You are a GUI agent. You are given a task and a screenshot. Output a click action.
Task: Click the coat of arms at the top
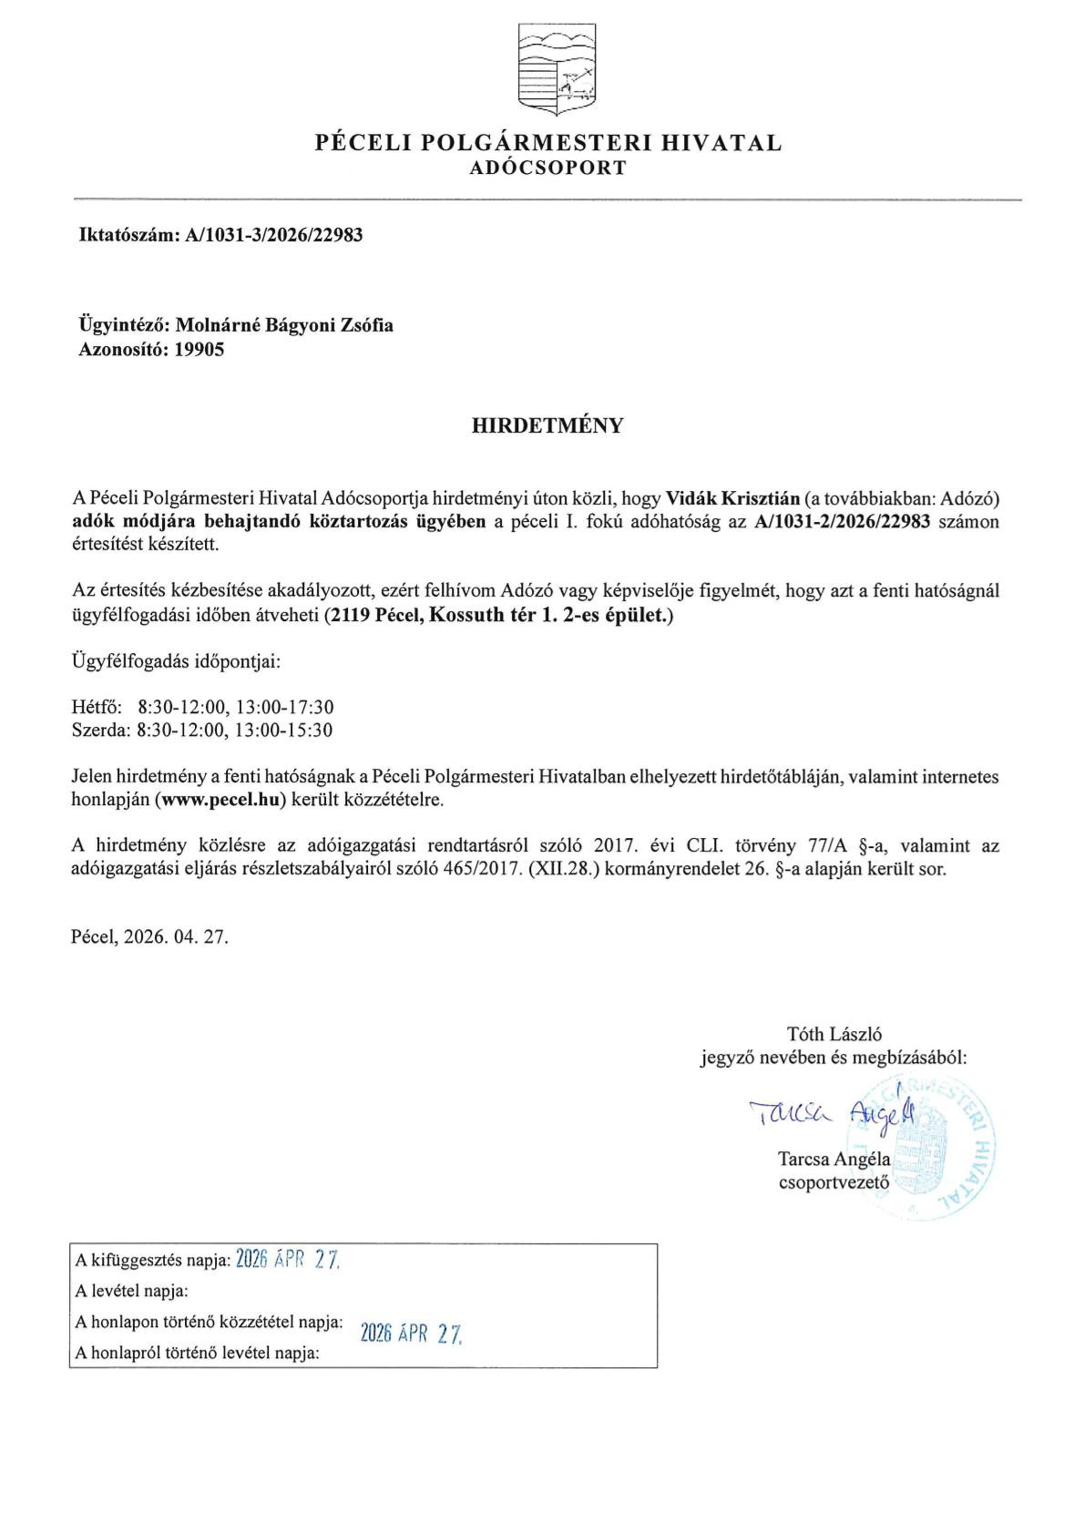[x=557, y=69]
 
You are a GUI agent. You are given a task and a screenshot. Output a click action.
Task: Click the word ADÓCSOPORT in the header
[x=548, y=169]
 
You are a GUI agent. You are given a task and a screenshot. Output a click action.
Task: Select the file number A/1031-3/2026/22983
[x=273, y=235]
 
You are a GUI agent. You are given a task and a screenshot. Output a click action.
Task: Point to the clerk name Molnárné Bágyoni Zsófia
[x=284, y=325]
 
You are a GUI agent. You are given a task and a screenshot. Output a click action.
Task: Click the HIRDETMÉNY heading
[x=547, y=425]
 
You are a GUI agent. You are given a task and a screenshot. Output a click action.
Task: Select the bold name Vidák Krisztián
[x=733, y=499]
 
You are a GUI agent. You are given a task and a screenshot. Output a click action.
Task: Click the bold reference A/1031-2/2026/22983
[x=843, y=522]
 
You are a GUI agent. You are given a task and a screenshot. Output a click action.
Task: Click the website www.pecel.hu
[x=224, y=801]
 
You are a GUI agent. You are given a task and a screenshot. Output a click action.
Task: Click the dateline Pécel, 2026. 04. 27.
[x=149, y=936]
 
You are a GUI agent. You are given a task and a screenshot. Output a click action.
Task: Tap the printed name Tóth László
[x=833, y=1034]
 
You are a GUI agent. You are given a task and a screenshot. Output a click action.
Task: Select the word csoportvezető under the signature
[x=834, y=1183]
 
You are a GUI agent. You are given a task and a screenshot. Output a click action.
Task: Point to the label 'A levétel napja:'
[x=132, y=1291]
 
